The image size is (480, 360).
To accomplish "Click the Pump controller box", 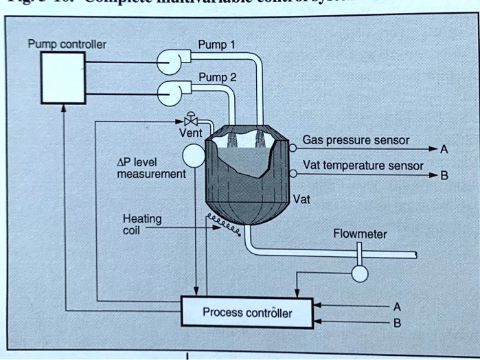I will point(62,77).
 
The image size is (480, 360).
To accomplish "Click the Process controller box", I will point(247,313).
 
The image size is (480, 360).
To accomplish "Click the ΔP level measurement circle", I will point(194,155).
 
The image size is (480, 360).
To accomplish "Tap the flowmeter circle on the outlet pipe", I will point(358,273).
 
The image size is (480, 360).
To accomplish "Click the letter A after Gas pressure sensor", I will point(444,148).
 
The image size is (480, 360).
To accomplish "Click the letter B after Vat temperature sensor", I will point(444,175).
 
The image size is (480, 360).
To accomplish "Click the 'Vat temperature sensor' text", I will point(363,166).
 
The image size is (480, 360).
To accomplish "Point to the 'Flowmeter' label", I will point(359,234).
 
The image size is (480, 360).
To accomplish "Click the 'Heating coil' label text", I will point(141,224).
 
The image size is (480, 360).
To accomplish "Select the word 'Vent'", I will point(190,132).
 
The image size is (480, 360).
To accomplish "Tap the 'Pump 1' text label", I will point(216,45).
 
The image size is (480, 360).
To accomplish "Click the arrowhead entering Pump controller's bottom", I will point(63,107).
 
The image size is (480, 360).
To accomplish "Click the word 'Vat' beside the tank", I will point(301,201).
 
